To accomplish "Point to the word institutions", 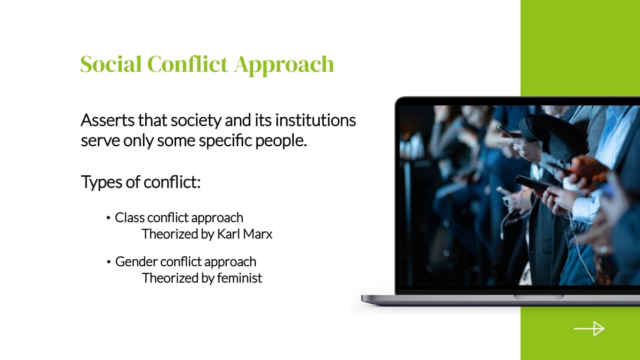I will tap(315, 120).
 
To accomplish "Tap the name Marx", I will tap(258, 234).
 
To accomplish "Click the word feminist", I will tap(239, 278).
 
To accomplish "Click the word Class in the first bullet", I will tap(129, 217).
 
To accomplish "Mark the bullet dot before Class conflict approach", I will tap(109, 218).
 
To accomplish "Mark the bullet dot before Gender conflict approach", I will tap(109, 262).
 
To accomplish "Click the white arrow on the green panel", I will tap(589, 329).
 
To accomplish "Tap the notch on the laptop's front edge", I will tap(538, 297).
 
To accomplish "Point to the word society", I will tap(195, 121).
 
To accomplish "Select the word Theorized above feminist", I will tap(171, 278).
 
